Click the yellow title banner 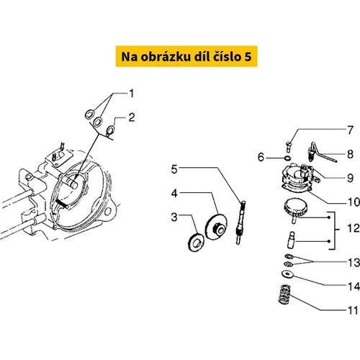click(186, 56)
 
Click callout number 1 click(131, 94)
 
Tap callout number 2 click(132, 117)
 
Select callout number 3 click(174, 217)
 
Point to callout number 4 click(174, 193)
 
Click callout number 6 click(261, 157)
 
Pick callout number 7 click(351, 130)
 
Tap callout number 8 click(351, 154)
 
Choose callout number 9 click(351, 178)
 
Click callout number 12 click(354, 228)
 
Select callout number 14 click(354, 287)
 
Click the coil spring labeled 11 click(284, 294)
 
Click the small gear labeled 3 click(195, 243)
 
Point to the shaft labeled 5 click(240, 222)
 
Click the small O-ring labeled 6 click(287, 158)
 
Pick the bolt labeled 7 click(289, 146)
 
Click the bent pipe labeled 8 click(321, 153)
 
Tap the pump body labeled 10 click(297, 179)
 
